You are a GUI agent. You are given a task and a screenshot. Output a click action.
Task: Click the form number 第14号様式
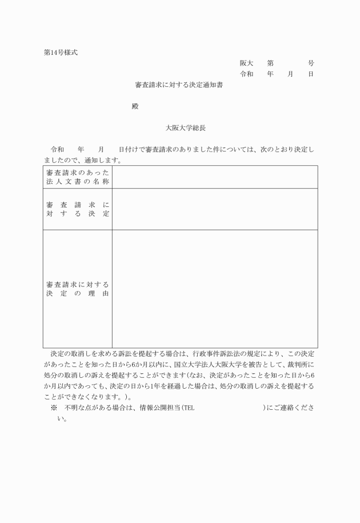pos(61,53)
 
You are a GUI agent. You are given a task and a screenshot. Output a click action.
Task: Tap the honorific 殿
pos(135,106)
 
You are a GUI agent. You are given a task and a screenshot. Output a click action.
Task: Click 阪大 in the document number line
pos(246,63)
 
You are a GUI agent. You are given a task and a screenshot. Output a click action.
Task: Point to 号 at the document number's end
pos(311,63)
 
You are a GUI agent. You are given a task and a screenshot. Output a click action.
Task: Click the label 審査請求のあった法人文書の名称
pos(78,177)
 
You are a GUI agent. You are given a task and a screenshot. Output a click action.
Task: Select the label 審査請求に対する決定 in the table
pos(78,209)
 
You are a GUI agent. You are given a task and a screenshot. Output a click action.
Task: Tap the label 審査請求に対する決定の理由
pos(78,289)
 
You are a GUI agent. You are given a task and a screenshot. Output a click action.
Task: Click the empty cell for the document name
pos(214,177)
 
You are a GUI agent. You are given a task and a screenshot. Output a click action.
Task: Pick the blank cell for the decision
pos(214,209)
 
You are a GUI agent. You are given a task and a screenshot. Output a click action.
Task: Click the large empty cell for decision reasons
pos(214,289)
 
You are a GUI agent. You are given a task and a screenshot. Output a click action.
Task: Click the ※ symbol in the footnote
pos(54,408)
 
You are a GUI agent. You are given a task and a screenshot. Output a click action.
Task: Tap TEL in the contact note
pos(189,408)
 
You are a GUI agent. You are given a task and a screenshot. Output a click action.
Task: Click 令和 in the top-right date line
pos(246,74)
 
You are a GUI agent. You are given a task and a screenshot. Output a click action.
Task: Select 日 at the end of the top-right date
pos(311,74)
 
